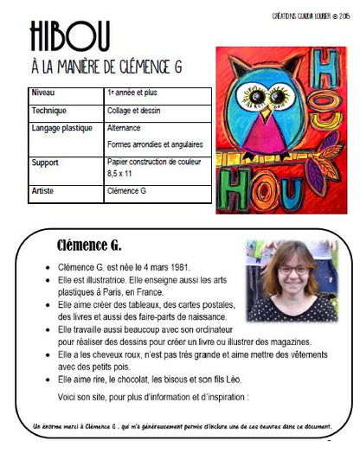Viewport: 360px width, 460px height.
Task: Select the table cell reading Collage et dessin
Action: pyautogui.click(x=131, y=110)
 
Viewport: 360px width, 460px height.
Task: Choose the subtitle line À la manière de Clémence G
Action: pyautogui.click(x=112, y=67)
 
